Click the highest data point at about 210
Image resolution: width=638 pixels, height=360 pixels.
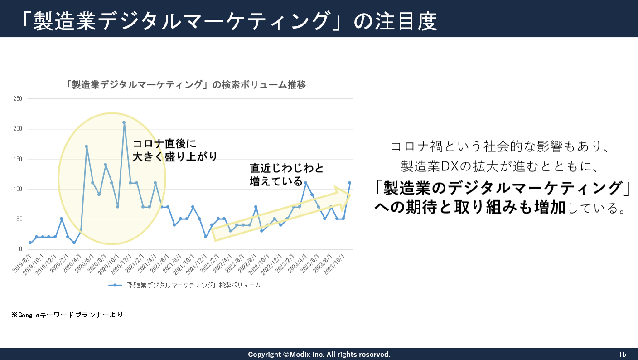pos(124,122)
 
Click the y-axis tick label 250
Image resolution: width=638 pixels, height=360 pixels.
pos(18,99)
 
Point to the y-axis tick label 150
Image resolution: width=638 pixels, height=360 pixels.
pos(18,159)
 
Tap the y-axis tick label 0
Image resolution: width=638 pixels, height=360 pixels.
pos(21,249)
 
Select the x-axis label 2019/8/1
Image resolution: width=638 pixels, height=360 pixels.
pos(22,264)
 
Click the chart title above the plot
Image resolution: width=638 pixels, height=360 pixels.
pos(186,85)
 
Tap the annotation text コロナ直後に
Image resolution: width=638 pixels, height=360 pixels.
pos(164,144)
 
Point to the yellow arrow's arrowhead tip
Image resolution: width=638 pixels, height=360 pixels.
pos(350,195)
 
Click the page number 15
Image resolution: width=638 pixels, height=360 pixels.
pos(623,354)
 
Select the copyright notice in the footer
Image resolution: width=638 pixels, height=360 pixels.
pos(319,354)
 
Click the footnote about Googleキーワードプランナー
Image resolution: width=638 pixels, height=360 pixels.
pos(68,314)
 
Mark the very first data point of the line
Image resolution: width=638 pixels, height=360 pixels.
pos(30,243)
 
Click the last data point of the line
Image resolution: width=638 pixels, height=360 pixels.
pos(349,183)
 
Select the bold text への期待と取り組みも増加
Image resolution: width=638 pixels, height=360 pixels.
pos(469,208)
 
